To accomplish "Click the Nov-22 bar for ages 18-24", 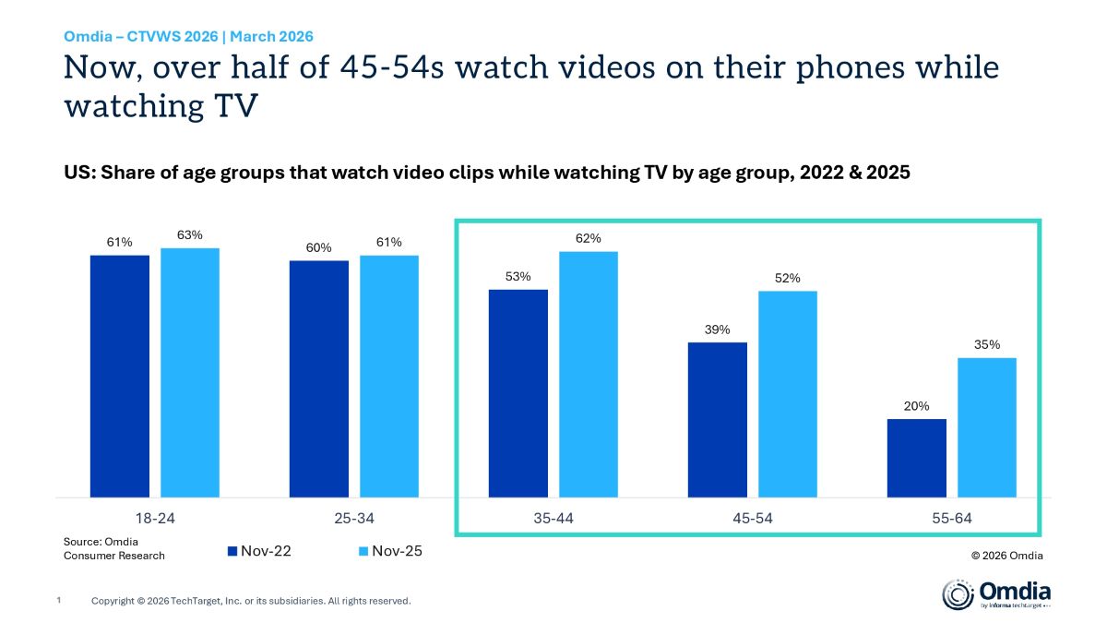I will [119, 377].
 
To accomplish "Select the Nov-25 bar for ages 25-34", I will [388, 377].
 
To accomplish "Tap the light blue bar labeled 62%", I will [588, 375].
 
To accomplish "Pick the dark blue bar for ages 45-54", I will [717, 420].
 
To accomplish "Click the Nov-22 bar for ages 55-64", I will [916, 459].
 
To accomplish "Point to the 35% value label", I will [986, 345].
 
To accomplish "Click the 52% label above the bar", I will [787, 278].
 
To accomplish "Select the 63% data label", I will [190, 234].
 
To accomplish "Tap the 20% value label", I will [916, 406].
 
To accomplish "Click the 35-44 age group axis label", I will [553, 519].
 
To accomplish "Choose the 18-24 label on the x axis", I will [155, 519].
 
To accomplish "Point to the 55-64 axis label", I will [951, 519].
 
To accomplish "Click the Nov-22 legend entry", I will [260, 551].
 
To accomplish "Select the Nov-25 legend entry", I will [390, 551].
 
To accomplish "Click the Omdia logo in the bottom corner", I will [995, 593].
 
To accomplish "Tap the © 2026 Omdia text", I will [1006, 556].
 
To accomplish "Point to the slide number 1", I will [59, 601].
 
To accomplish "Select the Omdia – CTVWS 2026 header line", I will [188, 37].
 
